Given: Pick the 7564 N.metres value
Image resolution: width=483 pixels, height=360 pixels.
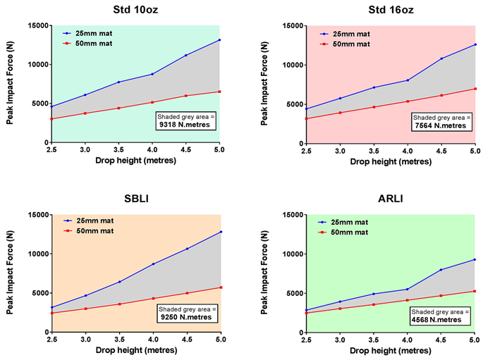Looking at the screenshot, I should click(439, 125).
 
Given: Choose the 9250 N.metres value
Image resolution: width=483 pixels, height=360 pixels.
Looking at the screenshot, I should click(185, 317).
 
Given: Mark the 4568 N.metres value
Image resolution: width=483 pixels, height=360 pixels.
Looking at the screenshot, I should click(439, 319).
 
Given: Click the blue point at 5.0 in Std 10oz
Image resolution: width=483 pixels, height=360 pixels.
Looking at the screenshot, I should click(219, 40).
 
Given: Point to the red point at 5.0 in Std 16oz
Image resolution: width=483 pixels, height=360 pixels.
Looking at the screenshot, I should click(475, 89).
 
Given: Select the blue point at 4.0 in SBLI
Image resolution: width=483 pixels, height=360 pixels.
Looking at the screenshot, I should click(152, 264).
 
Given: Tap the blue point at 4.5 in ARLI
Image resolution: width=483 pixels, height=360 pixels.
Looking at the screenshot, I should click(441, 270).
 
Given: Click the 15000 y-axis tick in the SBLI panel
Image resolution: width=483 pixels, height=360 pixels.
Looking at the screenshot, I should click(35, 215).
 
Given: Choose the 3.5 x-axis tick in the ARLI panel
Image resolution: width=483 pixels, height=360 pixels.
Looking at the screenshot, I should click(374, 340).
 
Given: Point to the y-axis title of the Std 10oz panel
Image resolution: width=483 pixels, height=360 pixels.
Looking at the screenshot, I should click(10, 83).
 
